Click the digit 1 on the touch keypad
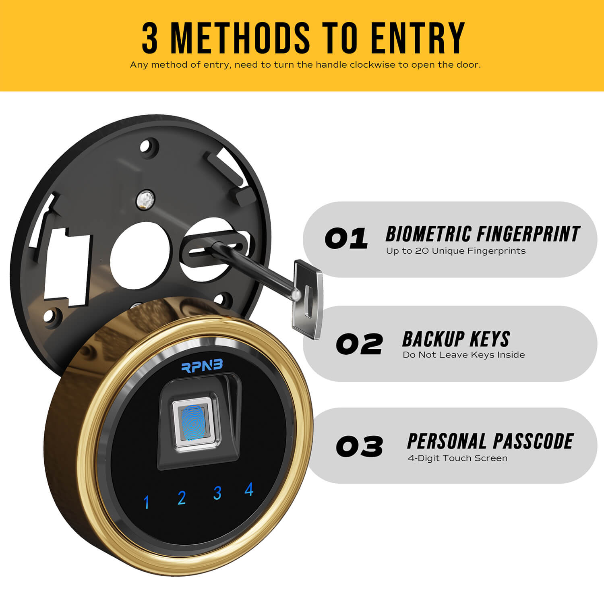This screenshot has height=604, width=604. click(147, 502)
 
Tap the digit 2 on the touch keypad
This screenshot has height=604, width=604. click(182, 498)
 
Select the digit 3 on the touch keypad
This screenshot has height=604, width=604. click(217, 493)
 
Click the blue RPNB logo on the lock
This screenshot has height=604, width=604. click(202, 366)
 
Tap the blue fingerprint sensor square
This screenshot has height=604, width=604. click(194, 423)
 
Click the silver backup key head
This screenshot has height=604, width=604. click(308, 298)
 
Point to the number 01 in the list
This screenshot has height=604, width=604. click(346, 238)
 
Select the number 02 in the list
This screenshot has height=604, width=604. click(359, 344)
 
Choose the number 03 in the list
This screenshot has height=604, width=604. click(359, 447)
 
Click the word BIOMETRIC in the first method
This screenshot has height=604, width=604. click(428, 234)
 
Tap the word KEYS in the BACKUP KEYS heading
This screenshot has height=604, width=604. click(490, 339)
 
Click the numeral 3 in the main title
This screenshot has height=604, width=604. click(150, 38)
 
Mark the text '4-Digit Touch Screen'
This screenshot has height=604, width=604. click(457, 458)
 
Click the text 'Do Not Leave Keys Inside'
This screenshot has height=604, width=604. click(464, 355)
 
